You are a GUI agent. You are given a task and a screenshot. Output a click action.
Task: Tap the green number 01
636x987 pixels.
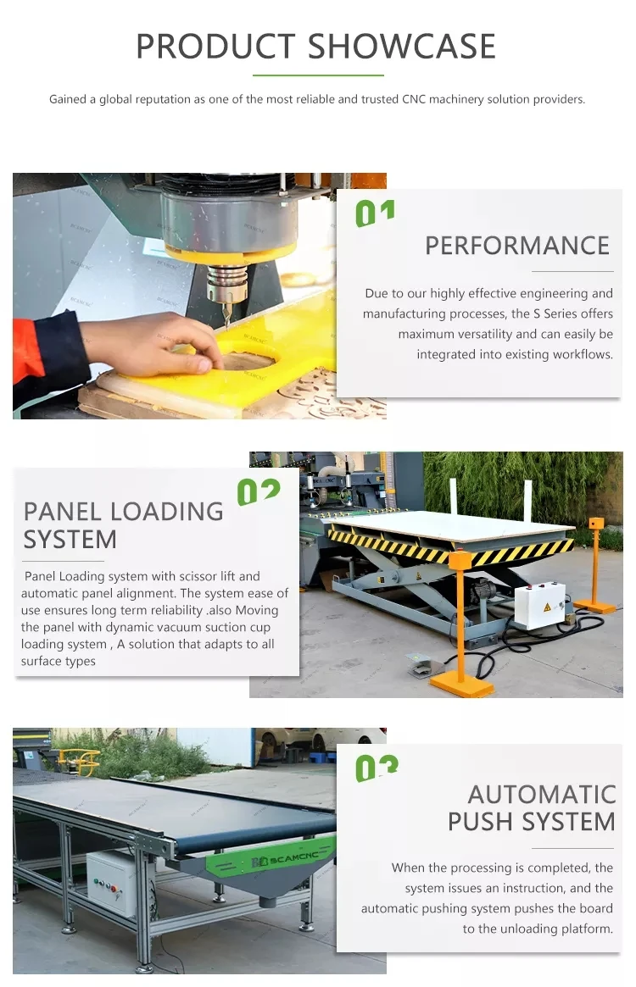click(x=375, y=213)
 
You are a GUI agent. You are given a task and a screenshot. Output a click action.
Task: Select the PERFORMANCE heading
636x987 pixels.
click(x=517, y=246)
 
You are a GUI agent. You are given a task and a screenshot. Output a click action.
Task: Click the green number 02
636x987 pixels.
click(x=258, y=491)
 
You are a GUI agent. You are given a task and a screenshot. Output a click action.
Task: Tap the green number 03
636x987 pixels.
click(x=377, y=768)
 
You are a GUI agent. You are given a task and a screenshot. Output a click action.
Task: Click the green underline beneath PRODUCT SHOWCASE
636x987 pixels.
click(x=317, y=75)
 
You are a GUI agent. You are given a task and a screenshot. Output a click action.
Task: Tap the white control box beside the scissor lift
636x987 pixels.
click(x=539, y=604)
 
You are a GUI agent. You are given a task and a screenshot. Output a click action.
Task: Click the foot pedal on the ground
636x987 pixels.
click(x=421, y=665)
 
